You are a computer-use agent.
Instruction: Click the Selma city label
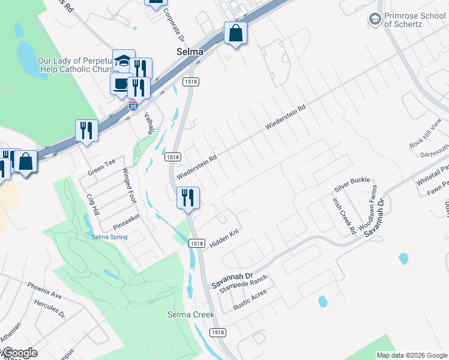pyautogui.click(x=190, y=52)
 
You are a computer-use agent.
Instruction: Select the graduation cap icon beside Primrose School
pyautogui.click(x=375, y=20)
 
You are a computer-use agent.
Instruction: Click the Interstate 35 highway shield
pyautogui.click(x=133, y=106)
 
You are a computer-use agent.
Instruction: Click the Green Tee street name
pyautogui.click(x=101, y=163)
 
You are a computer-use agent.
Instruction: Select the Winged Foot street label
pyautogui.click(x=127, y=187)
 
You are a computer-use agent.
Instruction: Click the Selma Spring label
pyautogui.click(x=109, y=236)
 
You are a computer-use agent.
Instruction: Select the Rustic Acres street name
pyautogui.click(x=250, y=299)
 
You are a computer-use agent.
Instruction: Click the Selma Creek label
pyautogui.click(x=187, y=315)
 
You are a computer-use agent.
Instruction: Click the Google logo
pyautogui.click(x=19, y=353)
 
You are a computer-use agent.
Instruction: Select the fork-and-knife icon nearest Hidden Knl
pyautogui.click(x=188, y=197)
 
